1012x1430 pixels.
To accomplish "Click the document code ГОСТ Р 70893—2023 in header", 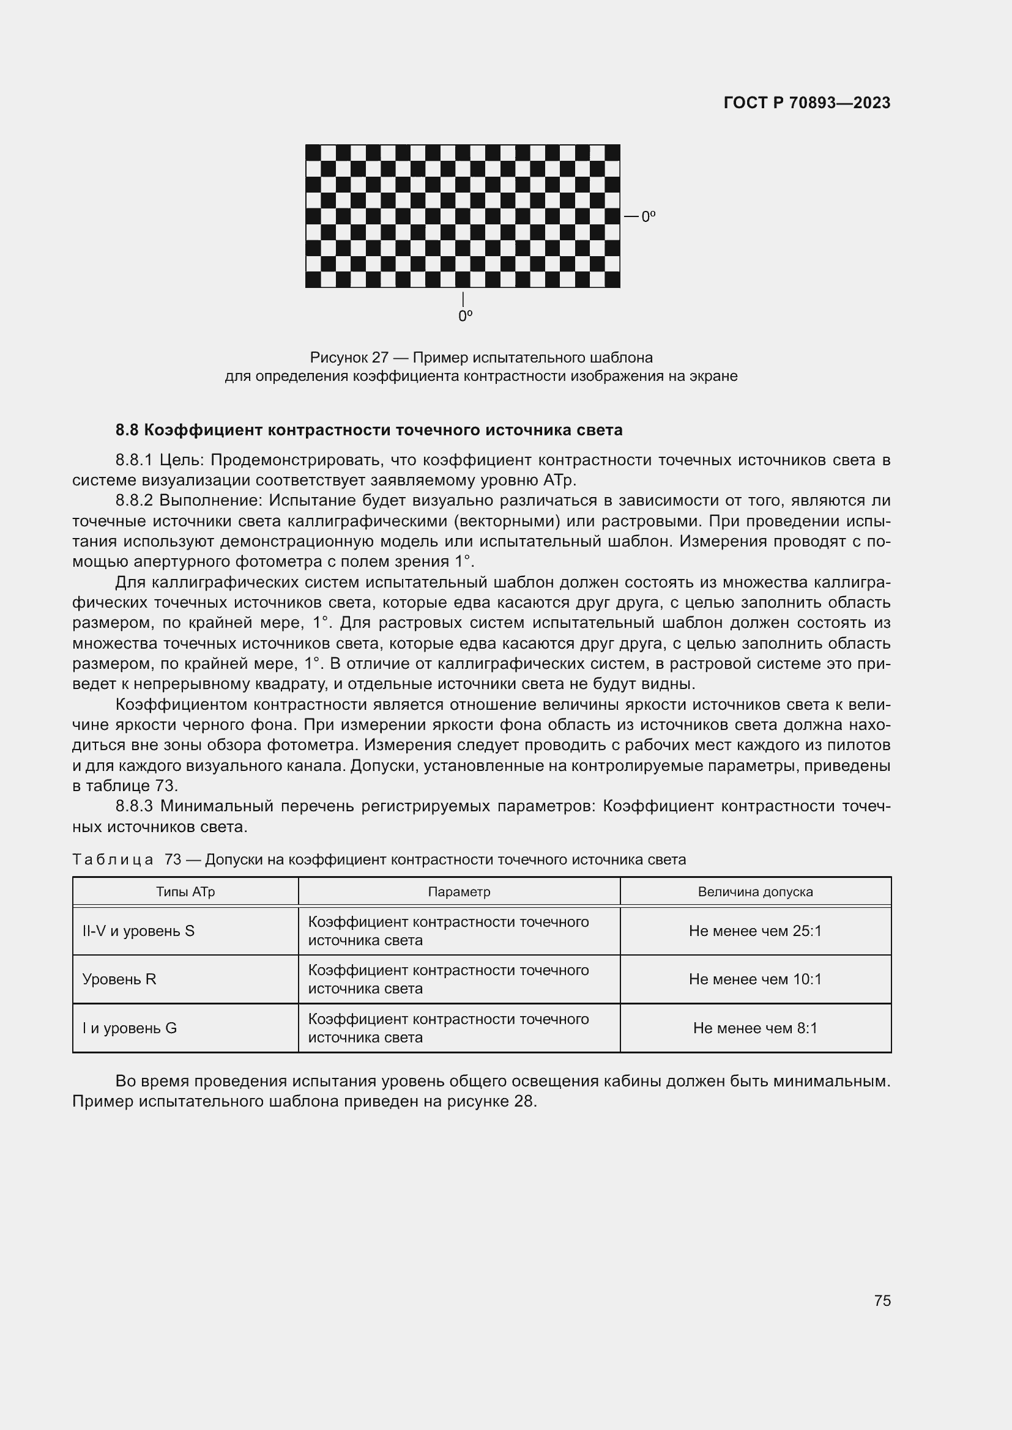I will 807,103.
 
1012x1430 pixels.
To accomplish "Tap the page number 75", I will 882,1300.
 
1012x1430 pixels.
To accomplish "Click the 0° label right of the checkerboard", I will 648,217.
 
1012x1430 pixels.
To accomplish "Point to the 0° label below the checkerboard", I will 465,317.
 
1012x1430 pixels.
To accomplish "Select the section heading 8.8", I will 369,430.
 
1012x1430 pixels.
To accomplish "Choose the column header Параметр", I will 459,892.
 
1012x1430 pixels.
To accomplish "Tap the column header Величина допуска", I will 755,892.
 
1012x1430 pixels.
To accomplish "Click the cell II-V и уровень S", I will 138,931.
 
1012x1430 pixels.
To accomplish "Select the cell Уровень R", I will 119,979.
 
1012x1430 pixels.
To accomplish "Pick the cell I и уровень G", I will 130,1028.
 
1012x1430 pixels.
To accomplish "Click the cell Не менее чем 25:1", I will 755,931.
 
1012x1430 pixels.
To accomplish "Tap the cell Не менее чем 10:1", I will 755,979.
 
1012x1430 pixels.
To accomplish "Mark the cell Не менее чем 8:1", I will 755,1028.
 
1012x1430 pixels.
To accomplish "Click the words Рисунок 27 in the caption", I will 349,358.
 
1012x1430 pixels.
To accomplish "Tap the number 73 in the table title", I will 173,860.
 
